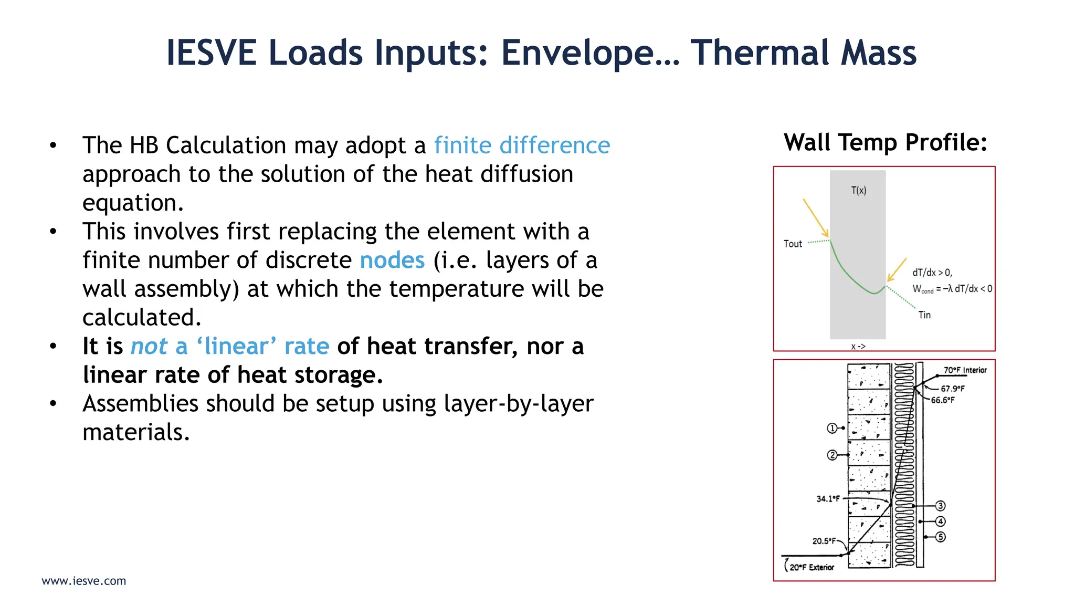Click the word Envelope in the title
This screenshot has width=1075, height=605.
[590, 53]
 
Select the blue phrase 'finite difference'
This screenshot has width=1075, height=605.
[522, 145]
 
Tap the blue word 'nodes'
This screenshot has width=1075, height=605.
[392, 260]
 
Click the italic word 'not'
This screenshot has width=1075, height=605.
[149, 347]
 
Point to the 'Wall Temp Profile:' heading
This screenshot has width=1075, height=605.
[886, 142]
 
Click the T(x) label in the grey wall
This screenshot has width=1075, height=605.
[859, 191]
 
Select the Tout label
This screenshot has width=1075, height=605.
[793, 244]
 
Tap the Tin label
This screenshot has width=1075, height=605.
[924, 315]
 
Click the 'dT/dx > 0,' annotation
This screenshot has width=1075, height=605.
[932, 273]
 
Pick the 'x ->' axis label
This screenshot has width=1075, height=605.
[858, 347]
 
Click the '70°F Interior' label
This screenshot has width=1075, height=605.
[965, 370]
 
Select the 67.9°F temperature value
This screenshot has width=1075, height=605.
[952, 389]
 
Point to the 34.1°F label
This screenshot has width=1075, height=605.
[828, 499]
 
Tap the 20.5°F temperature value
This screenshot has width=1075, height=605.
[824, 541]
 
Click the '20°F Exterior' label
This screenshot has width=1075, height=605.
[811, 567]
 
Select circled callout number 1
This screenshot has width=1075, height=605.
[832, 429]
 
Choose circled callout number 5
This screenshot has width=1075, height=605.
[941, 537]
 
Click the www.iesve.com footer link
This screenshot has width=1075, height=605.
[84, 581]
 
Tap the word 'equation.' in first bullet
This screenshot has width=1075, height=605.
[133, 203]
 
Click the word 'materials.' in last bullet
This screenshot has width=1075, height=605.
[136, 433]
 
